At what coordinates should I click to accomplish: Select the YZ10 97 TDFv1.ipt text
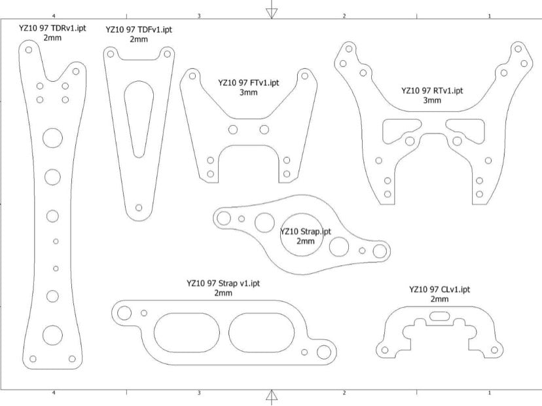pos(139,29)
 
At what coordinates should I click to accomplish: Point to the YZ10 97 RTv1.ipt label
pos(431,90)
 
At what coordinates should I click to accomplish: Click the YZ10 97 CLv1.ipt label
pos(439,289)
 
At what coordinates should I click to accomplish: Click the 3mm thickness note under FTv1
pos(248,92)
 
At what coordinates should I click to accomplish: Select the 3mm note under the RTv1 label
pos(431,100)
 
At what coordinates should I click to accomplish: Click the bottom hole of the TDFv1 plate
pos(138,208)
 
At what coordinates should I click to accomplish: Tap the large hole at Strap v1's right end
pos(323,352)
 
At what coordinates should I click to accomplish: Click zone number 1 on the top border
pos(489,15)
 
